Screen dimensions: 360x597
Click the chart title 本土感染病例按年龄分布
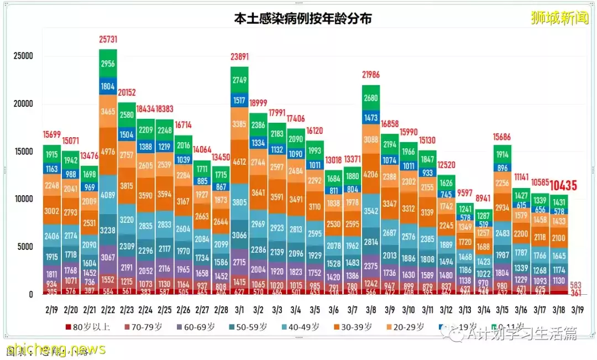pyautogui.click(x=302, y=18)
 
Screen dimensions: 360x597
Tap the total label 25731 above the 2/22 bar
pyautogui.click(x=108, y=40)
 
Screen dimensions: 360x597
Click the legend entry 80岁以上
pyautogui.click(x=88, y=327)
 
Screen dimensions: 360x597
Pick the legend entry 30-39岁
pyautogui.click(x=355, y=327)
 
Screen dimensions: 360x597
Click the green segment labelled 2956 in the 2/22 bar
pyautogui.click(x=108, y=64)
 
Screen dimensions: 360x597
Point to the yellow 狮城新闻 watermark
pyautogui.click(x=559, y=18)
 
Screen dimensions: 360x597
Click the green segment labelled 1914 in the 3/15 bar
pyautogui.click(x=503, y=154)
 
